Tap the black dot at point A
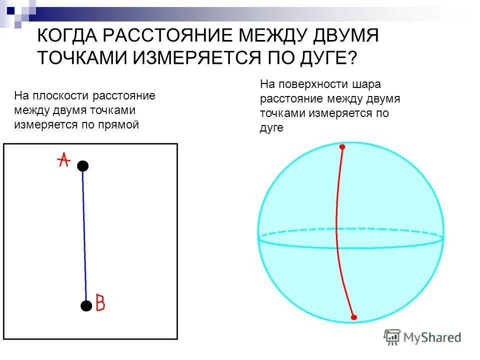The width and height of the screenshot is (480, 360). tap(82, 166)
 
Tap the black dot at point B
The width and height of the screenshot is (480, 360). tap(86, 305)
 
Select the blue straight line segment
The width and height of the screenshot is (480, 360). tap(84, 235)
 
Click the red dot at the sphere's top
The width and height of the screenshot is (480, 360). tap(342, 147)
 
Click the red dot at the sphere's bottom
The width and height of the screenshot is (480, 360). tap(353, 317)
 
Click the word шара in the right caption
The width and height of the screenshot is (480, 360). tap(370, 84)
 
